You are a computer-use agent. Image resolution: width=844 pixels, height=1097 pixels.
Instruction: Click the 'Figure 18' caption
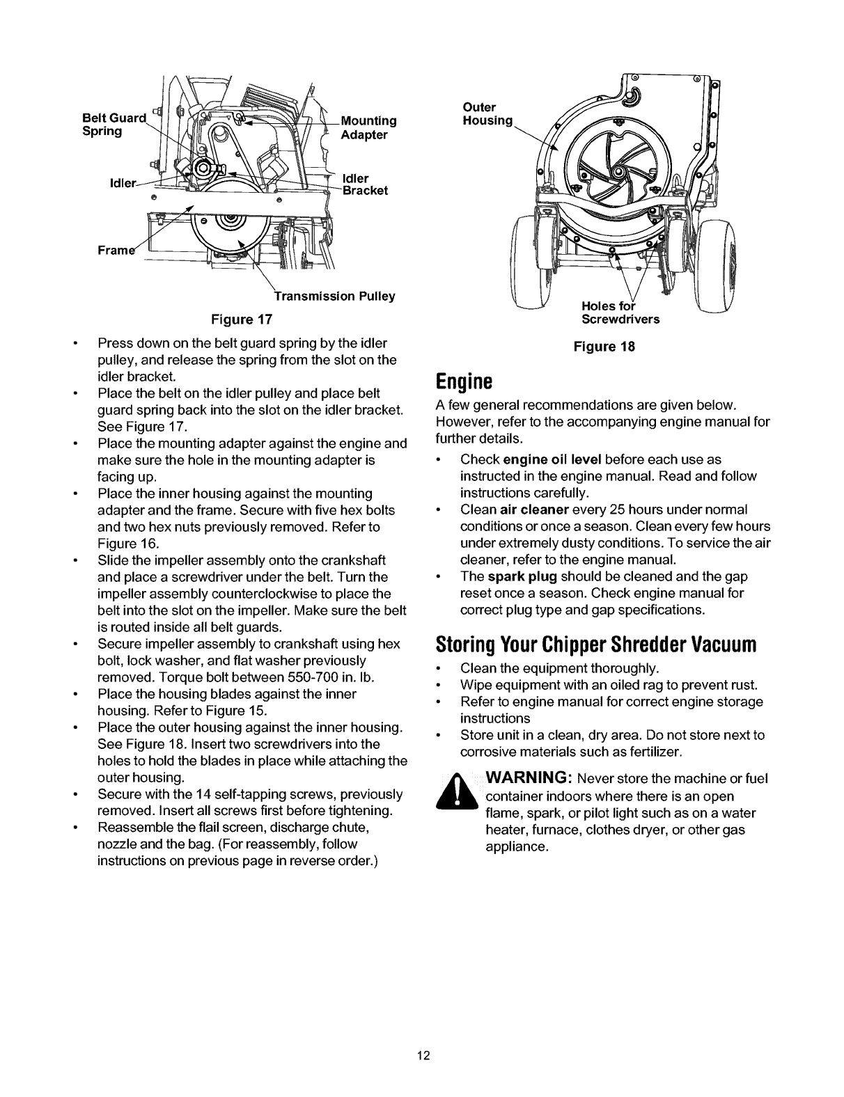(x=604, y=346)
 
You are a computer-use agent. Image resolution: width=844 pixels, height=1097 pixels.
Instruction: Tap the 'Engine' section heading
(x=464, y=381)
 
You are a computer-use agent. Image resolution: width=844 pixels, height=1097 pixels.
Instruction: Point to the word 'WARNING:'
(x=529, y=778)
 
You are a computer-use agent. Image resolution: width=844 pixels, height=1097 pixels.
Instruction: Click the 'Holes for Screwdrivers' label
(x=620, y=314)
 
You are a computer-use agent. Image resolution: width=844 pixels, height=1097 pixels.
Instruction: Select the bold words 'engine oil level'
(x=552, y=459)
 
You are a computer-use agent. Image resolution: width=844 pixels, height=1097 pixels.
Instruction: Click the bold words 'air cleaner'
(x=532, y=510)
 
